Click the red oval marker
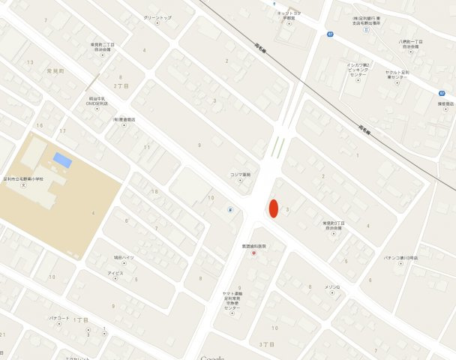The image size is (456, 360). coord(274,208)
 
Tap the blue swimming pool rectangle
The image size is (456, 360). coord(63,160)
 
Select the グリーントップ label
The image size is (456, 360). coord(157,18)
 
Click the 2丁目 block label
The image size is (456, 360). coord(121,86)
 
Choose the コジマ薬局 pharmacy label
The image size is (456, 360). coord(240,175)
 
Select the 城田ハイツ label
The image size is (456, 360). coord(124,257)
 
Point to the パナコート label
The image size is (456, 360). coord(59,318)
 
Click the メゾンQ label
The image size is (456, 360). coord(332,287)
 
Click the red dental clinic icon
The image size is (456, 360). coord(253,253)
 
